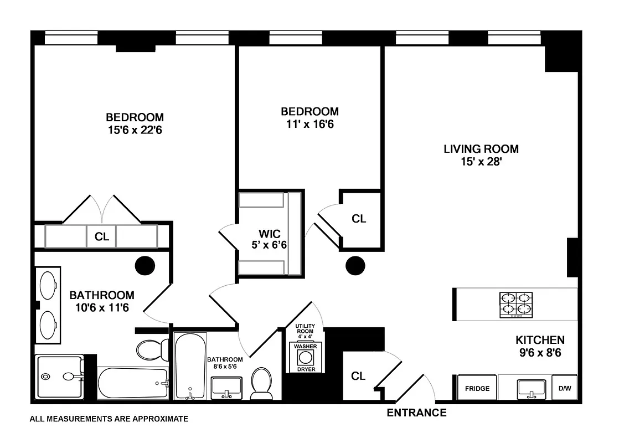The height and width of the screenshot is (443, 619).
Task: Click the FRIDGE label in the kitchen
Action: [x=477, y=388]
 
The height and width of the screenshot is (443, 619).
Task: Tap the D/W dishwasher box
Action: [x=564, y=388]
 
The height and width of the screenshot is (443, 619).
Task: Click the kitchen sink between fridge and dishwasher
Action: [x=531, y=389]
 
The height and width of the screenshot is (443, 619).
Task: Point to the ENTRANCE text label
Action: [x=416, y=413]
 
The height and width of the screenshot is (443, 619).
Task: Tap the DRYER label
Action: [x=305, y=369]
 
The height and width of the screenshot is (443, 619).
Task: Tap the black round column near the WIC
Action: [x=355, y=266]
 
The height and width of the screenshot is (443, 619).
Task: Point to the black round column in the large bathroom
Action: [x=145, y=265]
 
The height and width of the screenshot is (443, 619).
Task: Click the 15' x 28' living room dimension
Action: [x=481, y=162]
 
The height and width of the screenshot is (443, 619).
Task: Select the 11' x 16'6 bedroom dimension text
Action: [x=309, y=124]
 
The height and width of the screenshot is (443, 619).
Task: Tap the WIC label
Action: [x=267, y=233]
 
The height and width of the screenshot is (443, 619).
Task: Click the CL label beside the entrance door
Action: [x=358, y=376]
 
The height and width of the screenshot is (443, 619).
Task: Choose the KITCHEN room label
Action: [x=540, y=340]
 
